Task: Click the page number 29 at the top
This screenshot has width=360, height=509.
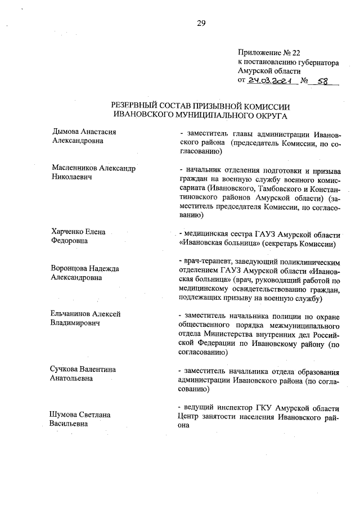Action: tap(201, 23)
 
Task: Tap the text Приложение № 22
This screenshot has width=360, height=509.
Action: tap(265, 52)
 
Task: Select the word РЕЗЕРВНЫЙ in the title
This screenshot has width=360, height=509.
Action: tap(143, 105)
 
